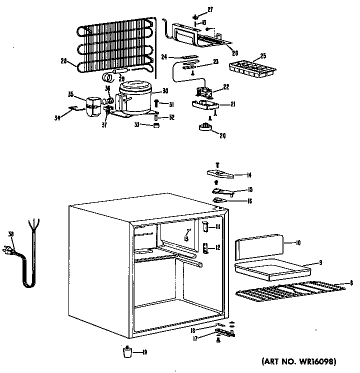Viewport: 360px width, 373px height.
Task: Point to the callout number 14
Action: pos(248,175)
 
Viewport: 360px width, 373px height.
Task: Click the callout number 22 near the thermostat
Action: pos(226,87)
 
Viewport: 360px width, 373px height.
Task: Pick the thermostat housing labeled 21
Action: pos(205,105)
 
